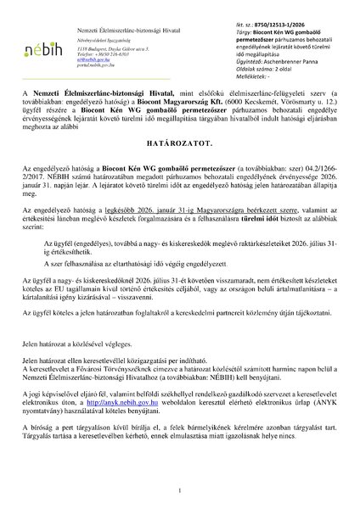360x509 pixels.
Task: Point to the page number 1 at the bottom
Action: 181,492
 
